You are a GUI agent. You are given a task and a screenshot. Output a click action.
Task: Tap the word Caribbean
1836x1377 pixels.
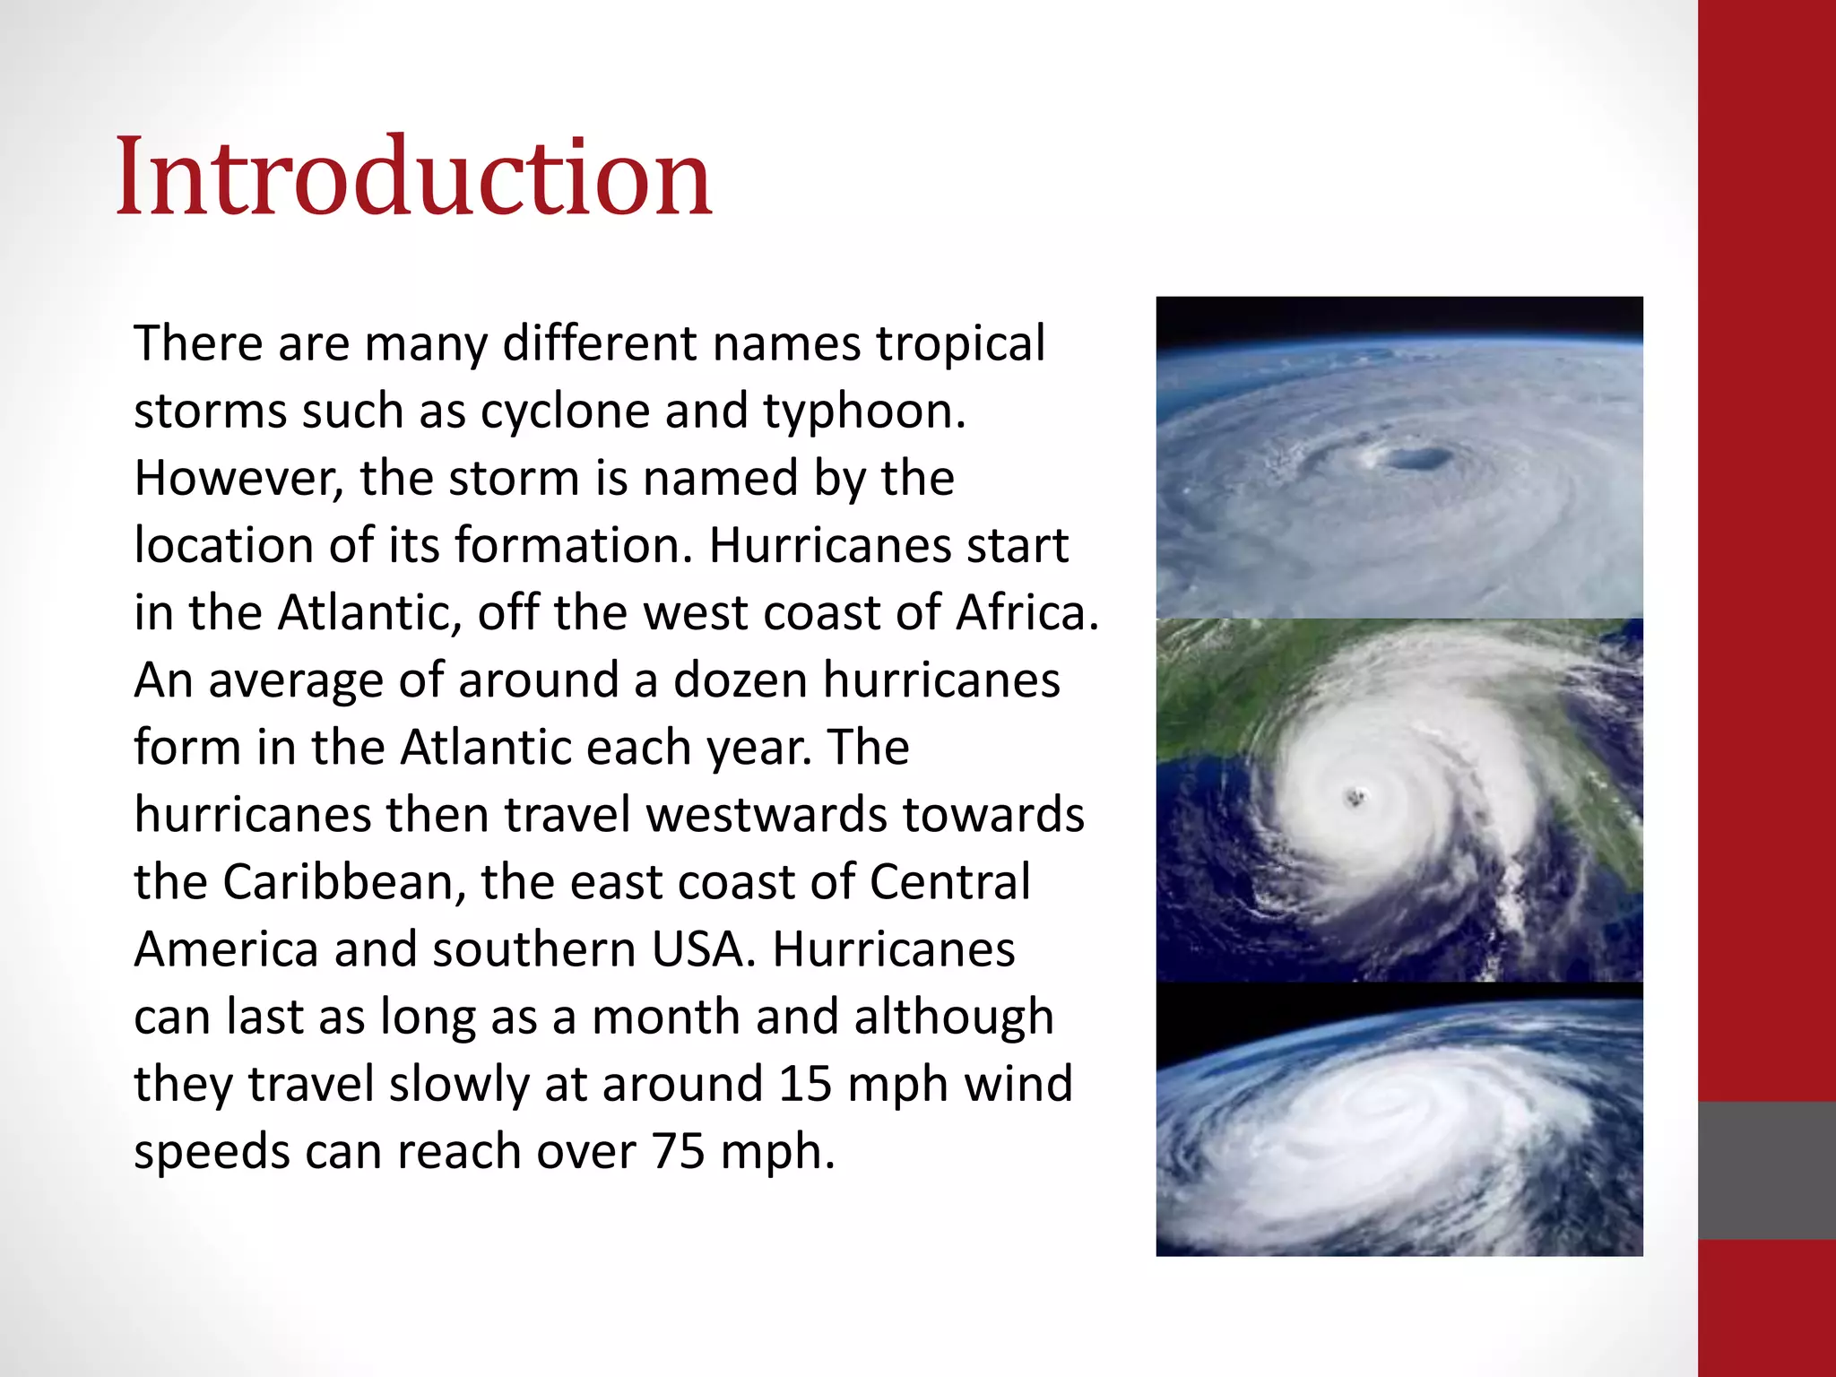344,883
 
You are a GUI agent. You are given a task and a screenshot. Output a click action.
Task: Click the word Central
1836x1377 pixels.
949,882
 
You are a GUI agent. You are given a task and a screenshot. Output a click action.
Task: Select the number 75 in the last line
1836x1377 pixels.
679,1152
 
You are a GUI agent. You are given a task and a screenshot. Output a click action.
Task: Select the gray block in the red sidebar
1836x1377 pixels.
1767,1170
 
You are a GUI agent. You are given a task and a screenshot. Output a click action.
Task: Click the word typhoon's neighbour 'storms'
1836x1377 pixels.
210,411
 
